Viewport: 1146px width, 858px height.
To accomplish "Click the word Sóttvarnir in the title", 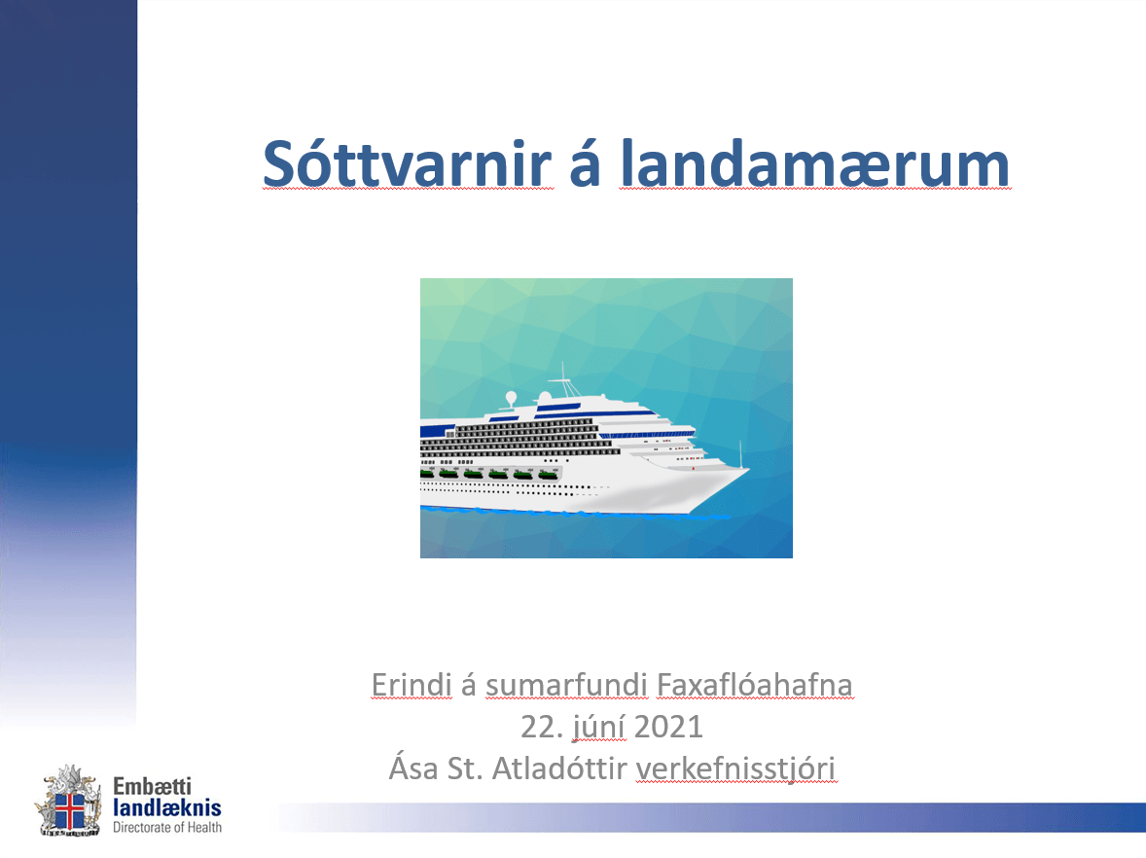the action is pos(407,163).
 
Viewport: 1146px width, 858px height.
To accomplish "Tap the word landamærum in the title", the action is pos(815,163).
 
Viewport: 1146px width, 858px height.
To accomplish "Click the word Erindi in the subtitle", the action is pos(412,685).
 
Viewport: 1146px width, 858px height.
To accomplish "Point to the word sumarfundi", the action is pos(566,686).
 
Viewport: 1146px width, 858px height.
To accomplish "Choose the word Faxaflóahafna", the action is pos(754,685).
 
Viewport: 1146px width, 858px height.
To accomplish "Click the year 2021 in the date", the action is pos(668,728).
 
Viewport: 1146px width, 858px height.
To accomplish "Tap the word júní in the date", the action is pos(598,729).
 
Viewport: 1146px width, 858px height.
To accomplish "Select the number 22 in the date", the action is pos(537,728).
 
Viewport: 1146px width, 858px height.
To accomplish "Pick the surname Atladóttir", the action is pos(559,769).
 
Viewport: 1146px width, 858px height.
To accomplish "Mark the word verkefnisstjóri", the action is pos(735,769).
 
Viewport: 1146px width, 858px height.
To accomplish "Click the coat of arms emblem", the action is pos(69,801).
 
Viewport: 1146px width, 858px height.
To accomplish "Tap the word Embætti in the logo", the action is pos(152,786).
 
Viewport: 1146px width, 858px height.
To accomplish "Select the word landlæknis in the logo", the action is pos(167,807).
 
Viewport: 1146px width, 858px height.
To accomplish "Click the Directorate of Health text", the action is pos(167,827).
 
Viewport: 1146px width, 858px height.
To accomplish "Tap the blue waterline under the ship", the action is pos(575,513).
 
